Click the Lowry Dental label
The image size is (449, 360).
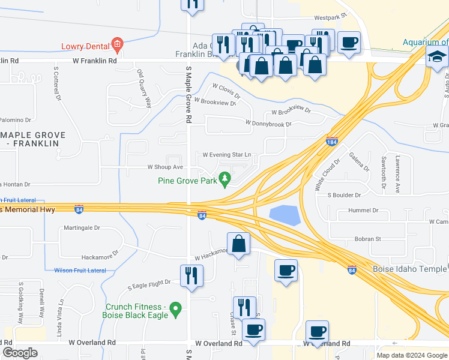(x=85, y=46)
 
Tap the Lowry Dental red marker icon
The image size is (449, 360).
(x=117, y=44)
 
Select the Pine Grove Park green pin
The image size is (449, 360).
(x=225, y=178)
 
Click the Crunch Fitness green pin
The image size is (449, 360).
(x=176, y=309)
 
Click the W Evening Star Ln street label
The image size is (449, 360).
(x=226, y=155)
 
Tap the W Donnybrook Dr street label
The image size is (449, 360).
(x=268, y=124)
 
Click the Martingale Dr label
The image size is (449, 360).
(x=82, y=229)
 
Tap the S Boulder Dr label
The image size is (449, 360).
(x=344, y=195)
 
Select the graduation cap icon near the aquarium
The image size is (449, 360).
(x=437, y=57)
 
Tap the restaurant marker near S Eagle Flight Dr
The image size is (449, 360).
(x=191, y=275)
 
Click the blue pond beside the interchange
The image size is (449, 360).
(x=285, y=215)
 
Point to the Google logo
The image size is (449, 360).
(x=20, y=353)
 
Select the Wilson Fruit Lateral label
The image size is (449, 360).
(x=80, y=271)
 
